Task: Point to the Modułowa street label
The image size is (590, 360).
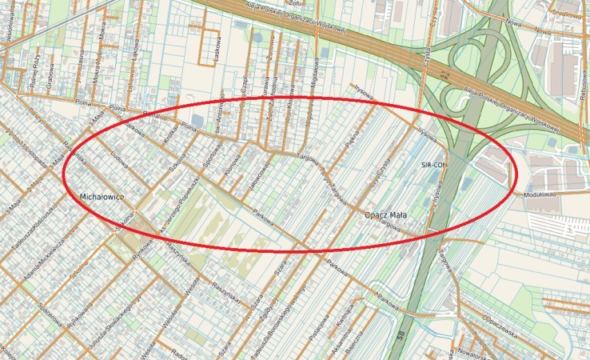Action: coord(540,194)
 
